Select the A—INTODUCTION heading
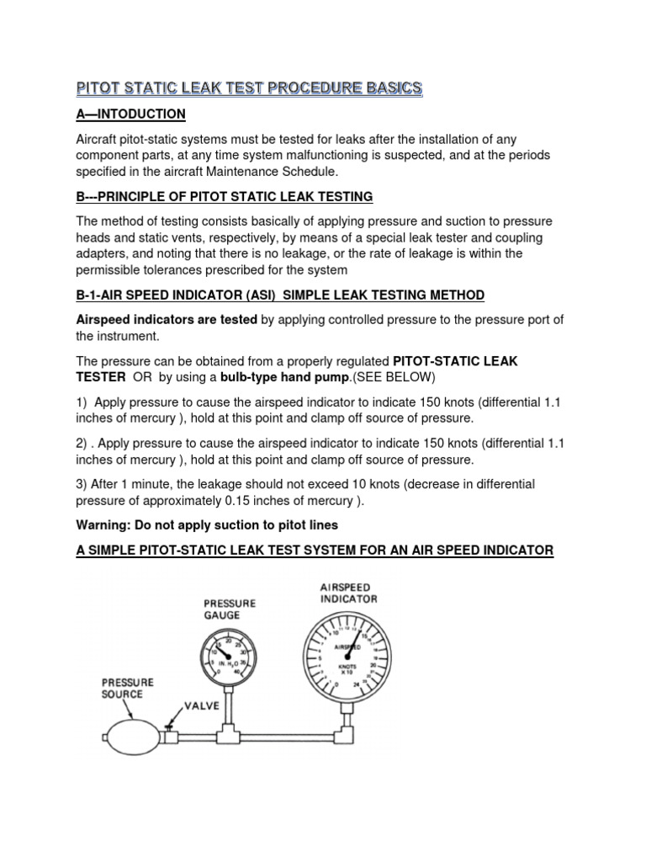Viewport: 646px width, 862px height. (130, 114)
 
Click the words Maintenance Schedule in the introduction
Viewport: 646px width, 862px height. (273, 171)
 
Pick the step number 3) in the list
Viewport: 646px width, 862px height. (84, 485)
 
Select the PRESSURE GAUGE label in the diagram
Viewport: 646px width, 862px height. (230, 609)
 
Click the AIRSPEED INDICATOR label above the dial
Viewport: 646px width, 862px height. (348, 593)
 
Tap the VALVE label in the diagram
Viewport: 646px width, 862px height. (196, 706)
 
